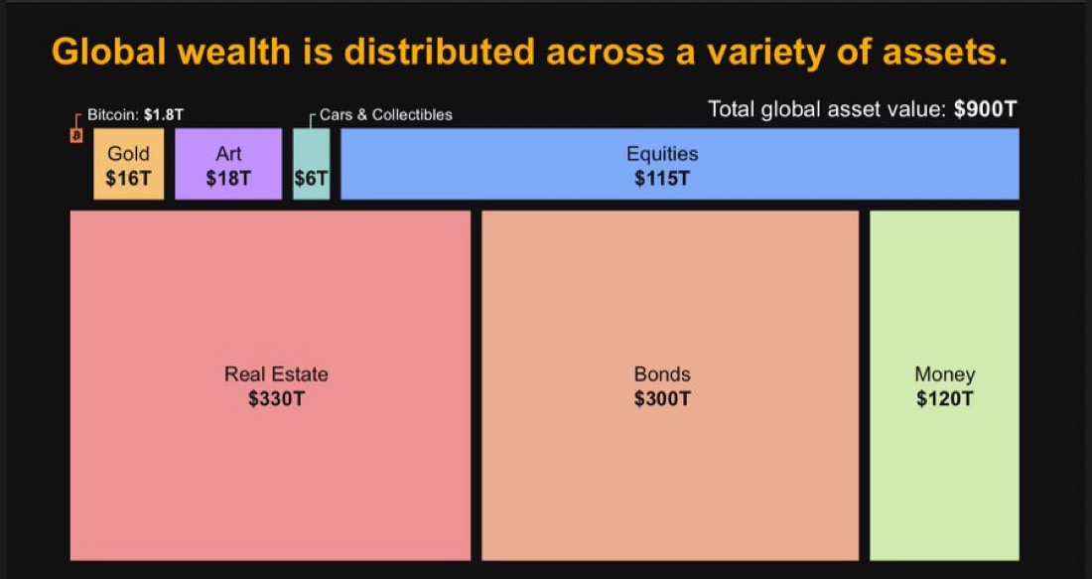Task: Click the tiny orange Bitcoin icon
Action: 75,134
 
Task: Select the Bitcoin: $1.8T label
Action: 135,114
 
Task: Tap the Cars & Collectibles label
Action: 385,114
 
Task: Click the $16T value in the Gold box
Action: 128,179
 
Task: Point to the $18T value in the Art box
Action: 228,179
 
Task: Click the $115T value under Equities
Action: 662,179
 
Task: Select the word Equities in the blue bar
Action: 662,154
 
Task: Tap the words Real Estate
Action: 276,374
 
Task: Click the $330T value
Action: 276,399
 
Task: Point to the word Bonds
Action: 662,374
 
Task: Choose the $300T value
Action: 662,399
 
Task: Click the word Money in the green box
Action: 945,374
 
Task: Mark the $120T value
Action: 945,399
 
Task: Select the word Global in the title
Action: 108,52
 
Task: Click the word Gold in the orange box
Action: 128,154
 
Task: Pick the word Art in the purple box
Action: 228,154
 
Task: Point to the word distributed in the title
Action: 446,52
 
